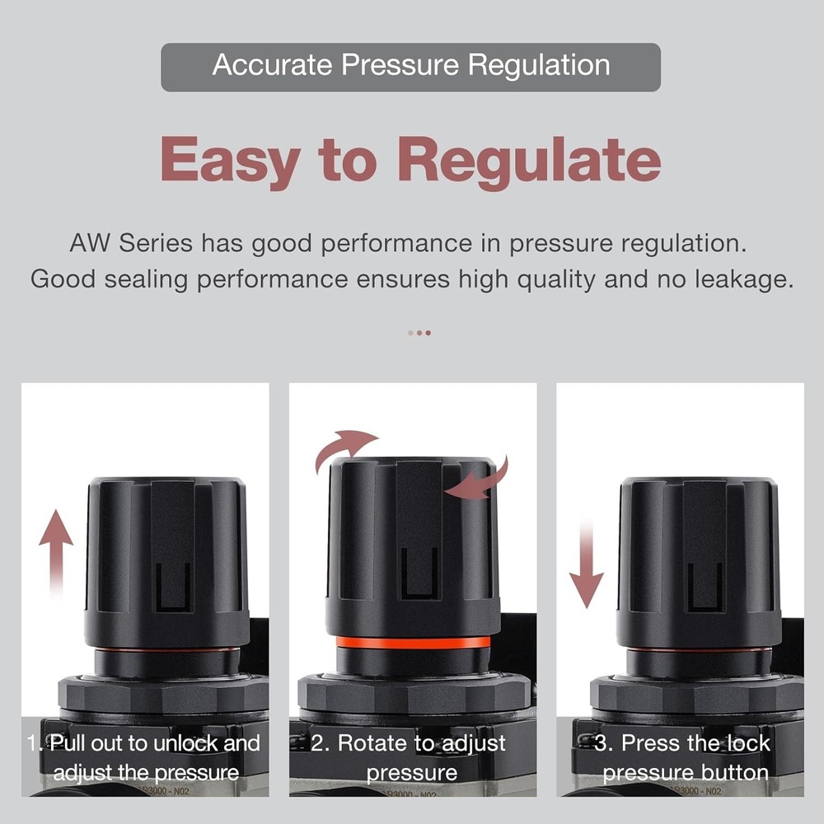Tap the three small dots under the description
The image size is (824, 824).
point(419,333)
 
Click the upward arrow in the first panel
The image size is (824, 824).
point(56,548)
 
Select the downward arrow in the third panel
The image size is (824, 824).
point(587,564)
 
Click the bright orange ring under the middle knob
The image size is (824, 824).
point(413,642)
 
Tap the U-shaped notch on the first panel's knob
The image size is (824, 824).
point(173,587)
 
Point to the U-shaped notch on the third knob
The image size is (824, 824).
point(705,587)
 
